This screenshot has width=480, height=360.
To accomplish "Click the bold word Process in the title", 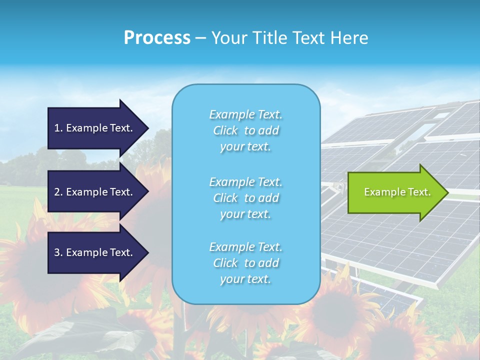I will pyautogui.click(x=157, y=38).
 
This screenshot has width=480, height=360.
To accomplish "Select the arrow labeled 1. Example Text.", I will pyautogui.click(x=95, y=128).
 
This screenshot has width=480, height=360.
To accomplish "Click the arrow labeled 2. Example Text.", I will pyautogui.click(x=95, y=192).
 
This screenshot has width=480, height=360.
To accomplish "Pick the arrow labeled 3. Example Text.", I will pyautogui.click(x=95, y=252).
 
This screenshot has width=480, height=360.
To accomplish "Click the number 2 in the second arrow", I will pyautogui.click(x=57, y=192).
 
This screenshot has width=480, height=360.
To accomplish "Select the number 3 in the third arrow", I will pyautogui.click(x=57, y=252).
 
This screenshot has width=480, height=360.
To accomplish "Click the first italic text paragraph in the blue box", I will pyautogui.click(x=245, y=130).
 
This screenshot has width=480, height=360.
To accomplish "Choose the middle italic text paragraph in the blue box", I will pyautogui.click(x=245, y=198).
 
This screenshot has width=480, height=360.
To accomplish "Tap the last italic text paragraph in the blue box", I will pyautogui.click(x=245, y=263).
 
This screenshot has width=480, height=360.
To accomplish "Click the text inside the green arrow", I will pyautogui.click(x=397, y=192).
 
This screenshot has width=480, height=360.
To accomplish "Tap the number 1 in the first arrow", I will pyautogui.click(x=57, y=128).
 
